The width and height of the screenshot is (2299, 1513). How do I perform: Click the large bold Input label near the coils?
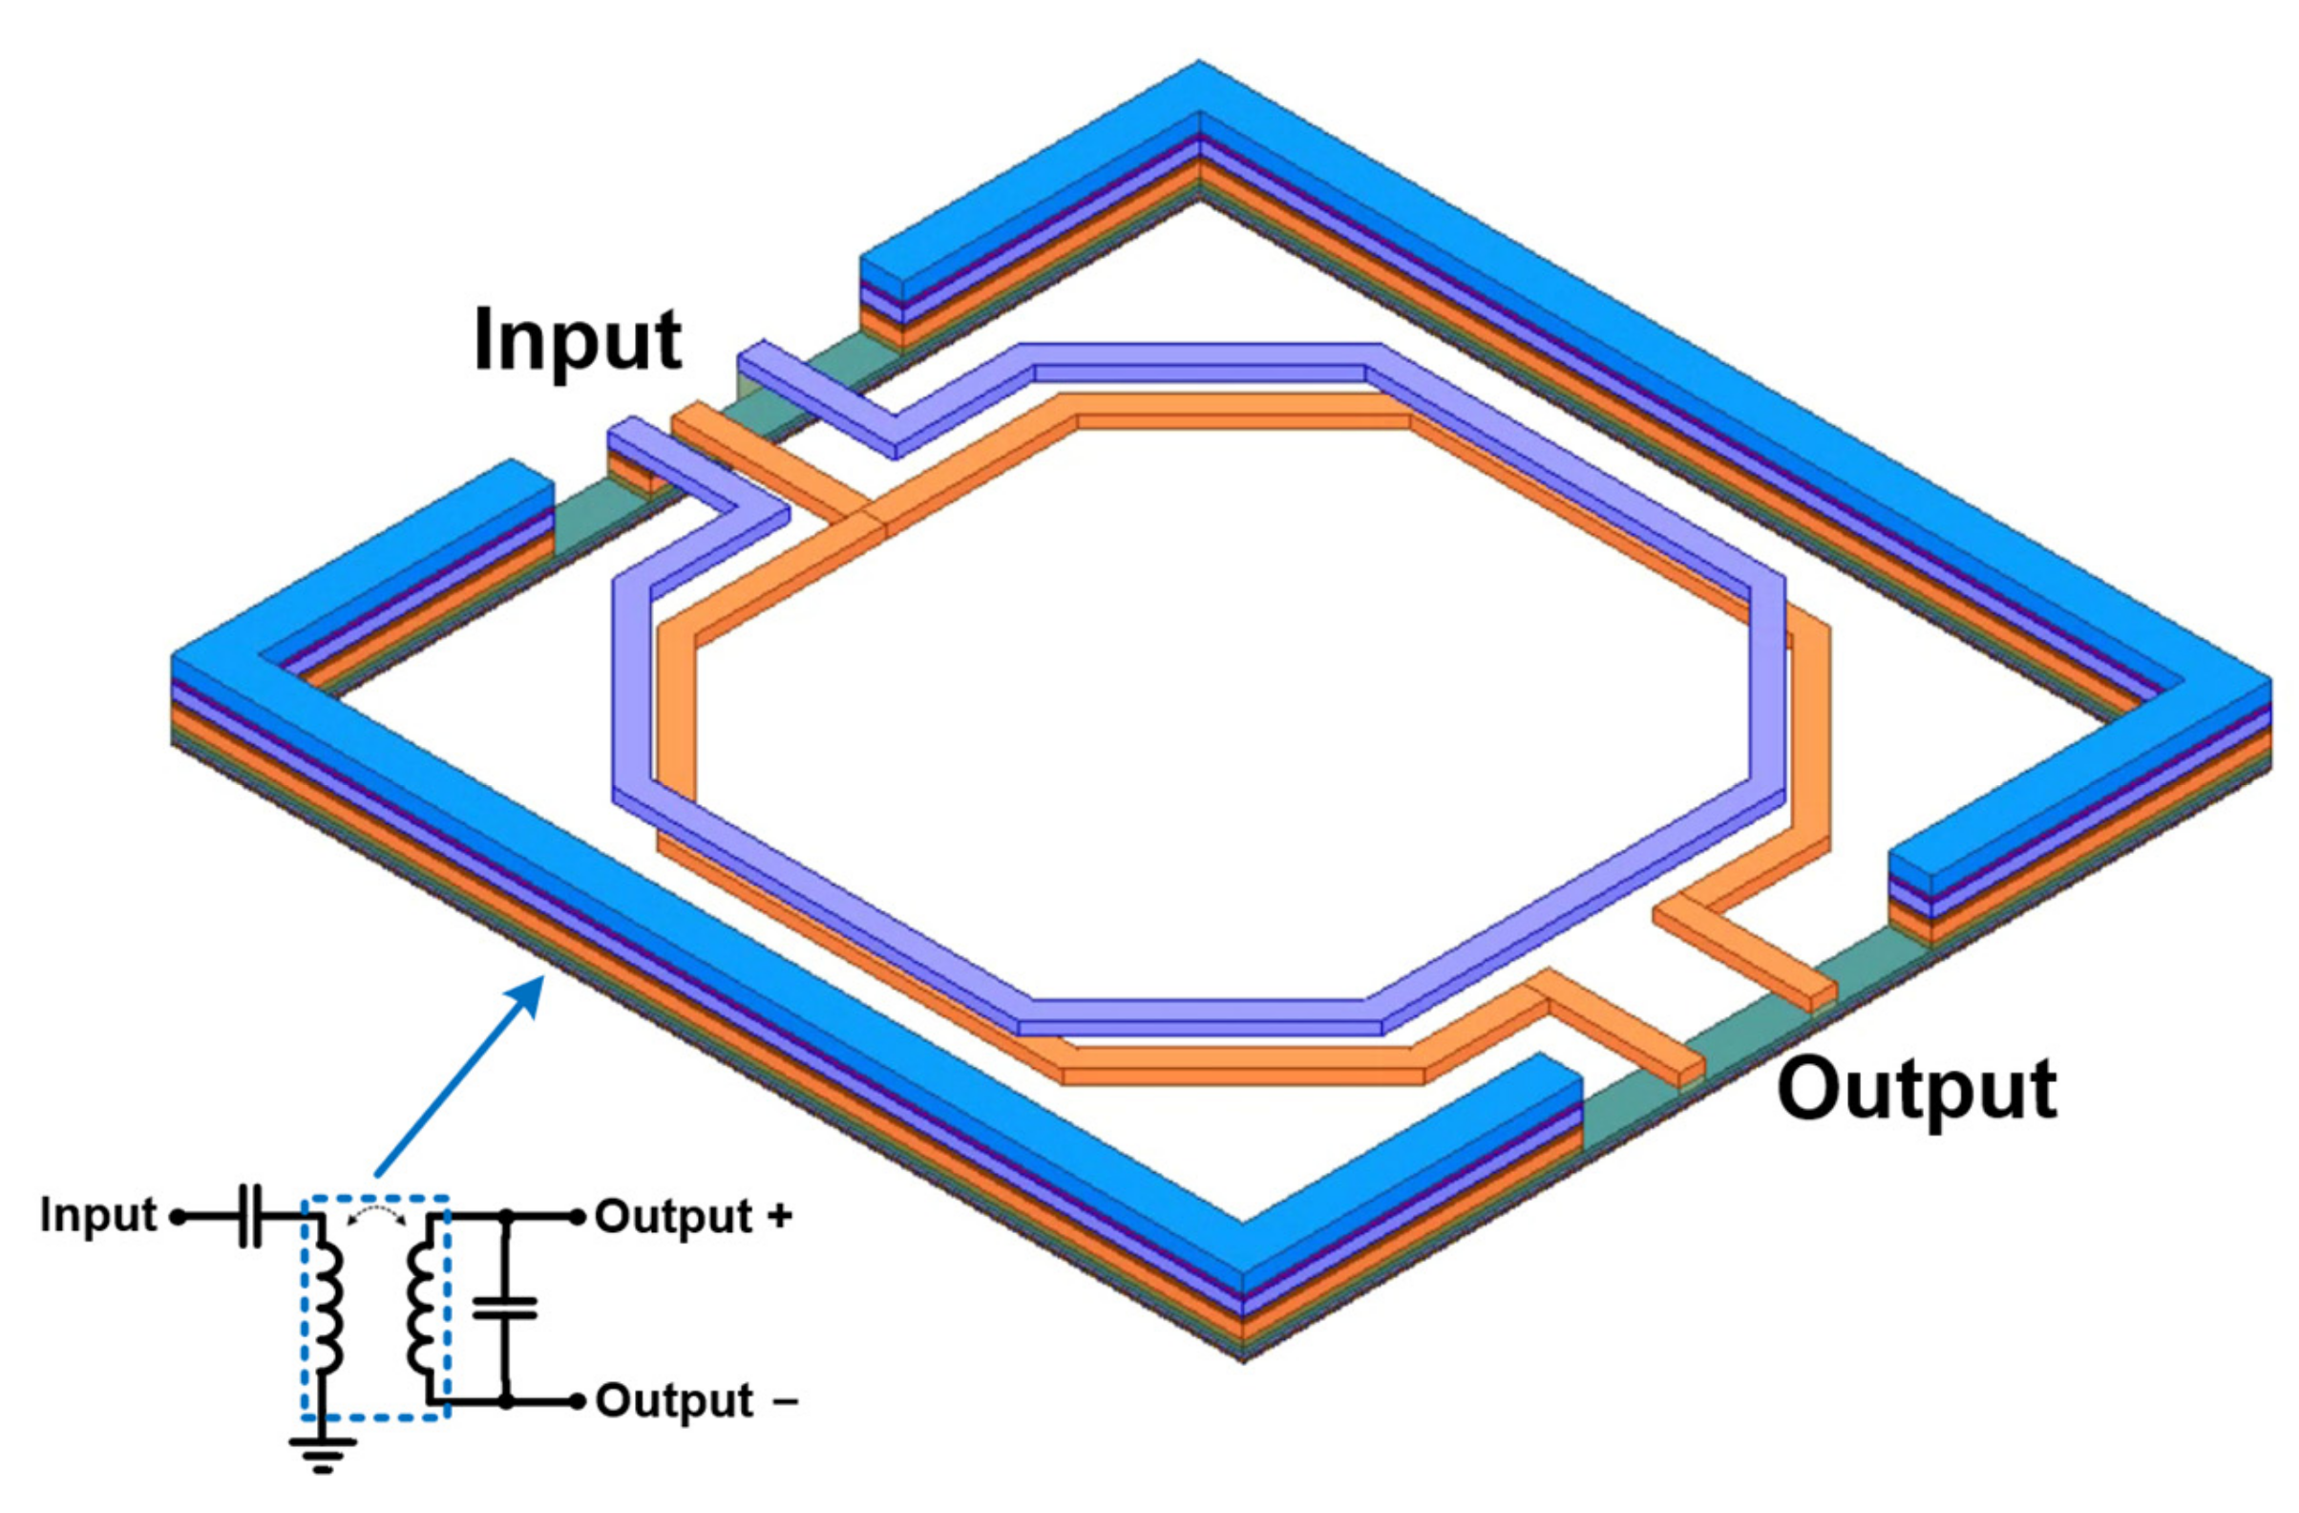tap(578, 342)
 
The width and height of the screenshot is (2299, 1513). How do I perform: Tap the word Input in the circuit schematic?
tap(98, 1214)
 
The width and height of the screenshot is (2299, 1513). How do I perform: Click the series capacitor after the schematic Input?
tap(249, 1217)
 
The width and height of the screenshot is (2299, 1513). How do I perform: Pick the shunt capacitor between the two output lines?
tap(504, 1310)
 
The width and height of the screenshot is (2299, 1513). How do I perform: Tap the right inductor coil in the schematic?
tap(422, 1310)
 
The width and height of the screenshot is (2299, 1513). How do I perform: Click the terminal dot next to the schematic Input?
tap(177, 1217)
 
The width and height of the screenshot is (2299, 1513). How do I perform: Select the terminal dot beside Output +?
tap(577, 1217)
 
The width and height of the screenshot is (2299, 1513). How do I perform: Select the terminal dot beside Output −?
tap(577, 1401)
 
